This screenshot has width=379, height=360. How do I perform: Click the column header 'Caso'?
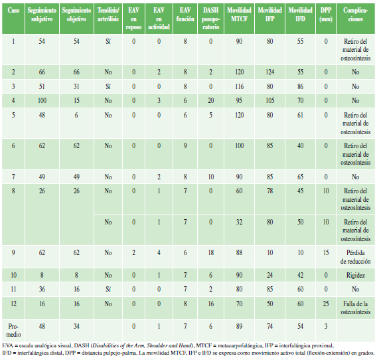pos(13,10)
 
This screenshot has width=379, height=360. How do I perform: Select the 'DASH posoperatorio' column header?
pos(211,19)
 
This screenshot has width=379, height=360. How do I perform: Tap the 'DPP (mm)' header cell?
pos(326,14)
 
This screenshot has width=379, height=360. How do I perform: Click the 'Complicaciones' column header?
pos(356,14)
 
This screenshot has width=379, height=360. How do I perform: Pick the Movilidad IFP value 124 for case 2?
pos(269,72)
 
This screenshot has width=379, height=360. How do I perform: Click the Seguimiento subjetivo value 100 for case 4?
pos(42,100)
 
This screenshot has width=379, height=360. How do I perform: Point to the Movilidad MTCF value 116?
pos(239,86)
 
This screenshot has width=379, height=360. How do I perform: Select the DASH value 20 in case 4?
pos(211,100)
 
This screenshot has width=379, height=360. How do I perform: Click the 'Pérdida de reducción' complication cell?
pos(356,257)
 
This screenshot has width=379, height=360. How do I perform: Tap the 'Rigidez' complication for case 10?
pos(356,275)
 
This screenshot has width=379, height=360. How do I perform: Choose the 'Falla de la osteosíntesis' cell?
pos(356,308)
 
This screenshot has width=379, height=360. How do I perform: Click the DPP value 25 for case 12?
pos(326,304)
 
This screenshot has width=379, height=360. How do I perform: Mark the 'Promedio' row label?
pos(13,330)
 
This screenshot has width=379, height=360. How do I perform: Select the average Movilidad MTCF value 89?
pos(239,326)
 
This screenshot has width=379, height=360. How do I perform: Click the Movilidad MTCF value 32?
pos(239,222)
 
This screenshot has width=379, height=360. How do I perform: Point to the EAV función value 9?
pos(185,145)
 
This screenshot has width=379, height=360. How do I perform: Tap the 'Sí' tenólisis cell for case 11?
pos(108,289)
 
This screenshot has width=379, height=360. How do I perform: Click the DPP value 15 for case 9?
pos(326,252)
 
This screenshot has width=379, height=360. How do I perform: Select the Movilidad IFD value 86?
pos(300,86)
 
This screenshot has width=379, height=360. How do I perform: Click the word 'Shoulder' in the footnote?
pos(158,345)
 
